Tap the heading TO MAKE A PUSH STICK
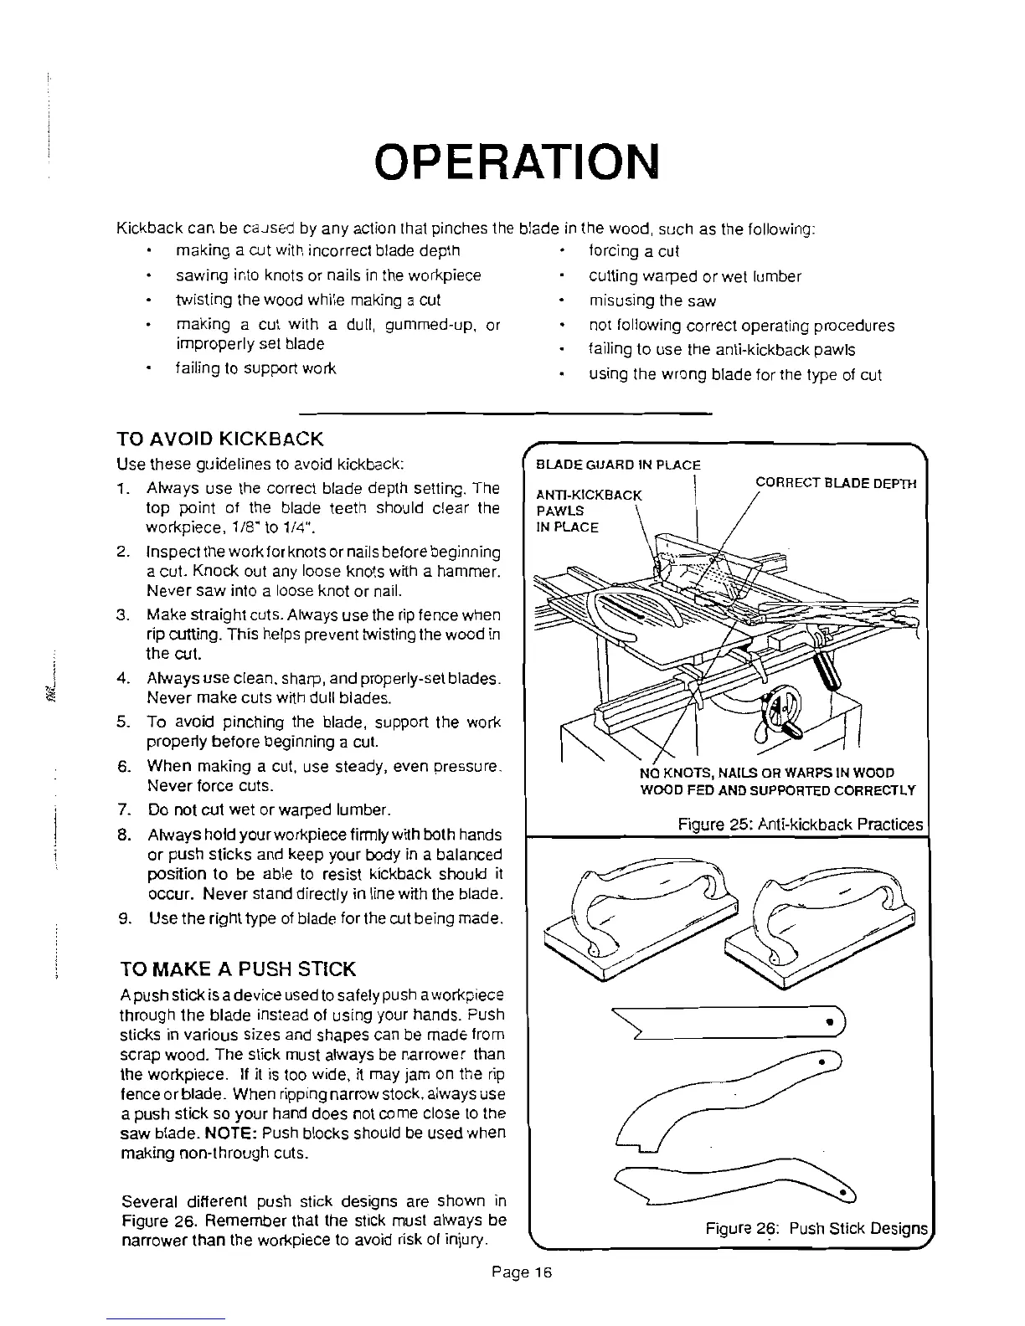click(x=239, y=969)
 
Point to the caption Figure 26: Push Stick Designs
click(x=816, y=1229)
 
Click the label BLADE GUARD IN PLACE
click(x=618, y=465)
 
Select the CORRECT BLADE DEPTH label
click(x=836, y=483)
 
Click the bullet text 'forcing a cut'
click(x=634, y=251)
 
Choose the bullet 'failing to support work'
click(x=255, y=368)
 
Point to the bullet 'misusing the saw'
click(x=652, y=301)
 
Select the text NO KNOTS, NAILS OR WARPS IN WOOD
click(x=766, y=772)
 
